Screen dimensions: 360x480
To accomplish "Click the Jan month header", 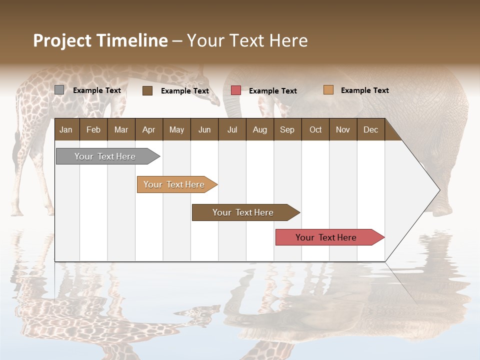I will [x=66, y=129].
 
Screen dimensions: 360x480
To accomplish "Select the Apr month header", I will [x=148, y=129].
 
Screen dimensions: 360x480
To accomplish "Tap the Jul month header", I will [x=232, y=129].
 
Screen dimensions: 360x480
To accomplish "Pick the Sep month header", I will [x=287, y=129].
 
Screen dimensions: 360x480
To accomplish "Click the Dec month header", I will [x=370, y=129].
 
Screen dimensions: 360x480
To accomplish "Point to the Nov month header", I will [x=342, y=129].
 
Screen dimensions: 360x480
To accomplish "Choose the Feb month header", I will [x=93, y=129].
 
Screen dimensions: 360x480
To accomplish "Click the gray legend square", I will [x=59, y=90].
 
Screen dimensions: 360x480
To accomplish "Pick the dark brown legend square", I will [x=147, y=90].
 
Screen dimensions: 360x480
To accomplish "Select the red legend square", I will [x=236, y=90].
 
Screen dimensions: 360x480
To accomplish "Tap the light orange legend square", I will [x=328, y=90].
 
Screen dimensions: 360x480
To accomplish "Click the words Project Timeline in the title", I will [x=100, y=40].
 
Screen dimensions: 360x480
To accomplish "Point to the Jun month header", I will [x=204, y=129].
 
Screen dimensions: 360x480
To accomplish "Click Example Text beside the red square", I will [x=272, y=91].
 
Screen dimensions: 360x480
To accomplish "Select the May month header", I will [x=176, y=129].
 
